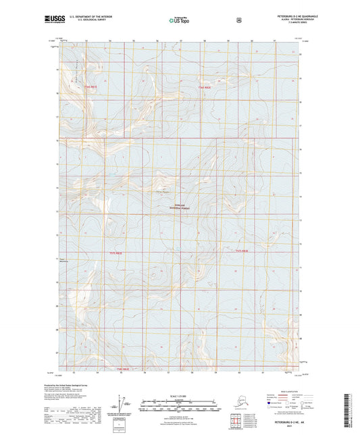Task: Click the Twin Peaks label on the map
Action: (163, 191)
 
